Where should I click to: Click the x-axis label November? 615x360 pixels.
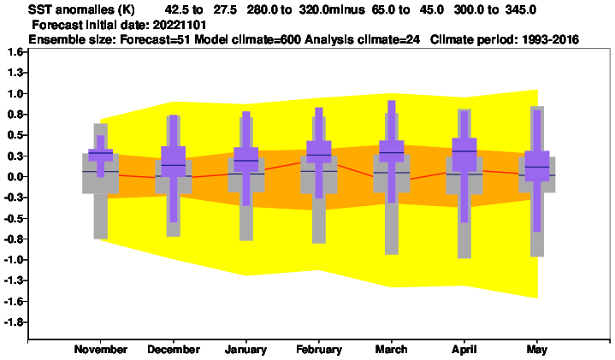click(x=101, y=350)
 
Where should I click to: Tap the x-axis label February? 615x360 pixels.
click(x=319, y=350)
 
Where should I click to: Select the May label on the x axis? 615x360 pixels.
click(x=537, y=350)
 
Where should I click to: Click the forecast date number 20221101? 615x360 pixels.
click(x=180, y=25)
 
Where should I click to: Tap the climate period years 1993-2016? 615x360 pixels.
click(x=551, y=39)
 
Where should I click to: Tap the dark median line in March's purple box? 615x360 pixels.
click(x=392, y=152)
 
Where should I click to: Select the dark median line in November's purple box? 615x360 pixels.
click(x=101, y=153)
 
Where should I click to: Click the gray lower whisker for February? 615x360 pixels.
click(x=319, y=218)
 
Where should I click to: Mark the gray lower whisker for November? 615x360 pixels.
click(x=101, y=216)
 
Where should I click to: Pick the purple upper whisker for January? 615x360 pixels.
click(x=246, y=129)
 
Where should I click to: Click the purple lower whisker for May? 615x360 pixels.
click(x=537, y=206)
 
